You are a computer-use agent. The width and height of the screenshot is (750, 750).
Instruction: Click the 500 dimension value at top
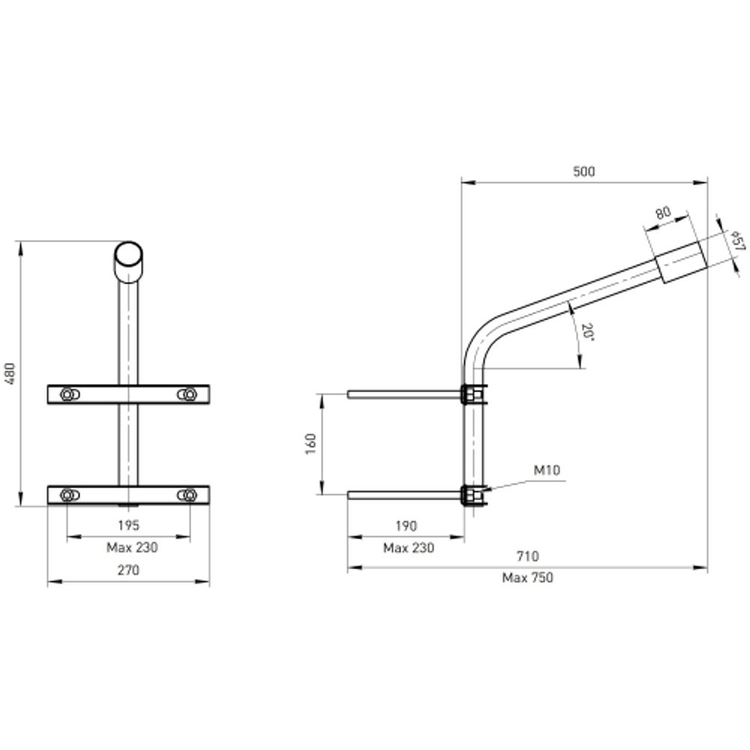tap(583, 172)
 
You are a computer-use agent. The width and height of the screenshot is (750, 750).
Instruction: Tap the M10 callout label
tap(547, 471)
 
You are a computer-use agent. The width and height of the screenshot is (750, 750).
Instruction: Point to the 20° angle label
tap(587, 332)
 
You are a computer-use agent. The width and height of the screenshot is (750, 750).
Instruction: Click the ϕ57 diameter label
tap(737, 241)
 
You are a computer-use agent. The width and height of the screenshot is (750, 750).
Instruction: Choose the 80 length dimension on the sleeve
tap(662, 212)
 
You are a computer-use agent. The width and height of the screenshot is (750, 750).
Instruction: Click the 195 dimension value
tap(128, 526)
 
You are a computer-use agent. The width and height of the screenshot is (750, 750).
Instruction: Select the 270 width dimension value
tap(128, 571)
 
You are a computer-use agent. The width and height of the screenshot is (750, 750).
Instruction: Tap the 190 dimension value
tap(406, 526)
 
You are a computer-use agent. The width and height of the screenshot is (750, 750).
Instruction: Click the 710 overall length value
tap(527, 556)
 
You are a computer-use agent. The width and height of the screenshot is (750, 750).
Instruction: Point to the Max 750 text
tap(527, 577)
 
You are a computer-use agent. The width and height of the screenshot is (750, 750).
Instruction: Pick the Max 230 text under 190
tap(408, 547)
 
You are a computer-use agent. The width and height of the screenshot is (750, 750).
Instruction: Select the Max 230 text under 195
tap(131, 547)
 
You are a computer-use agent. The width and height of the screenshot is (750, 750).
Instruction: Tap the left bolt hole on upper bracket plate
tap(69, 394)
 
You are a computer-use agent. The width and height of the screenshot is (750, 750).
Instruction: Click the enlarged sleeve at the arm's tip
tap(681, 262)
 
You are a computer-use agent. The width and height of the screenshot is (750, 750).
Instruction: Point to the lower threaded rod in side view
tap(405, 494)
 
